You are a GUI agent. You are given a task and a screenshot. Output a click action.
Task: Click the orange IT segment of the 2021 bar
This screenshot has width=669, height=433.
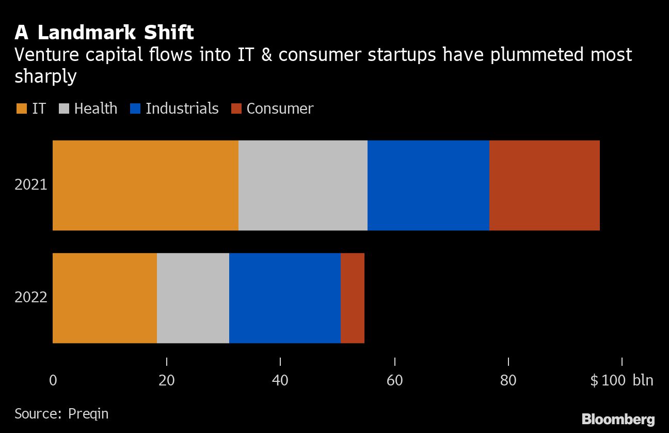[146, 185]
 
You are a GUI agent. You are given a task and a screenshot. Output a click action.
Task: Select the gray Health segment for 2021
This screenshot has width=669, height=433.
[303, 185]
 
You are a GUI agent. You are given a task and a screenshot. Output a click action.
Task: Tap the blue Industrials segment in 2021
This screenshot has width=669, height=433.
[428, 185]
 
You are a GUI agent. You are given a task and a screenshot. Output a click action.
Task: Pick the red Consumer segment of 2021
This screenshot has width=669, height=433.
[545, 185]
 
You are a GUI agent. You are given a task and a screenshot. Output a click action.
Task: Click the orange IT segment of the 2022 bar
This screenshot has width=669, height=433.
[105, 298]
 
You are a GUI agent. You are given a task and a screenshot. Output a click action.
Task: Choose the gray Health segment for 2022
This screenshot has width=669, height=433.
[193, 298]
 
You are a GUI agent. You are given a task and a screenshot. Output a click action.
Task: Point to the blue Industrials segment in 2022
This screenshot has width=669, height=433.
[285, 298]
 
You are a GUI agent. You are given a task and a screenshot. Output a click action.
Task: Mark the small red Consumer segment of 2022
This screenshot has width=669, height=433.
[353, 298]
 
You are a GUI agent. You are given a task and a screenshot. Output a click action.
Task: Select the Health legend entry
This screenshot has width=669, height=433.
[89, 109]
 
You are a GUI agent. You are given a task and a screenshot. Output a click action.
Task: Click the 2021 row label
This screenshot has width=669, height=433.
[31, 185]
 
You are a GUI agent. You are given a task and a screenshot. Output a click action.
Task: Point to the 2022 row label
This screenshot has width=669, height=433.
[31, 298]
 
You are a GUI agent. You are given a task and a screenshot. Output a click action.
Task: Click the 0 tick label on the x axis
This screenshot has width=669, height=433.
[53, 381]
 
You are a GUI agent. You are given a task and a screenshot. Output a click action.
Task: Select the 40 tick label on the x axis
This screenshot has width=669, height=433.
[280, 381]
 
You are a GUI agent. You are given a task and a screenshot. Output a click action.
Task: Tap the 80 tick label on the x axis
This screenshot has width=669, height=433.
[508, 381]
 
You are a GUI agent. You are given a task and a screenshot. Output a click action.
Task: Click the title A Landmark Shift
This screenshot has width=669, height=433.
[104, 33]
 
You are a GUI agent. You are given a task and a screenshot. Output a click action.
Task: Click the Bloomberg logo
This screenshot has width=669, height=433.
[618, 419]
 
